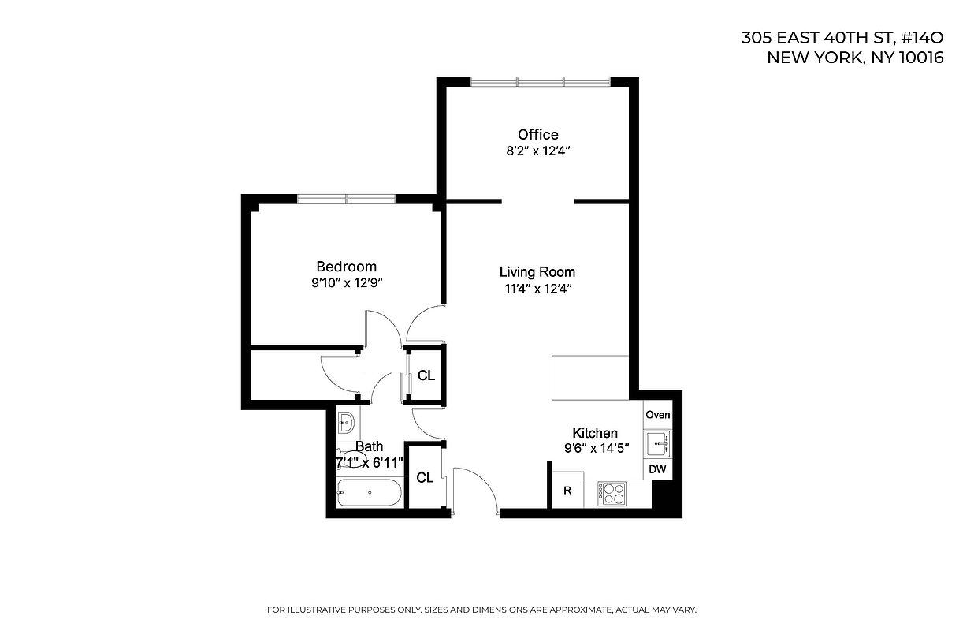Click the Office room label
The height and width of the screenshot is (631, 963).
(537, 135)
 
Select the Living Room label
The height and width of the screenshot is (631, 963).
(537, 272)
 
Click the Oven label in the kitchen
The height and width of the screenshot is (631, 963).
(657, 415)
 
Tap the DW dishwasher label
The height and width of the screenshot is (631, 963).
(657, 470)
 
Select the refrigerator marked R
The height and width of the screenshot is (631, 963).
(567, 491)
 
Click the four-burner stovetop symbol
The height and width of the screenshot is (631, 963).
(612, 494)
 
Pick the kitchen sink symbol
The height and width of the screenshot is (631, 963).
(657, 444)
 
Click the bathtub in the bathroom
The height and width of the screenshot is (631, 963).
(369, 494)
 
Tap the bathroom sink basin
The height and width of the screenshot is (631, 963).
(347, 422)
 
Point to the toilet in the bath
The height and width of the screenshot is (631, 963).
(351, 458)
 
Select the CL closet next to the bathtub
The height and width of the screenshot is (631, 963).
(425, 477)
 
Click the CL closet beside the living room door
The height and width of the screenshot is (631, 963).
(426, 375)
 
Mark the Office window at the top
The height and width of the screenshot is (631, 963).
(540, 80)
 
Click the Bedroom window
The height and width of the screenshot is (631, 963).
(346, 198)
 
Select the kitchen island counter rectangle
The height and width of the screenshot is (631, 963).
(589, 378)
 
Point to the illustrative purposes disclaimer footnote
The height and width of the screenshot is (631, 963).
(481, 610)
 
